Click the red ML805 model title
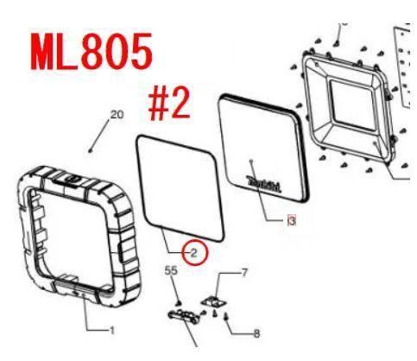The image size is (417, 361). [x=92, y=52]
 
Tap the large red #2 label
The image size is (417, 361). [x=169, y=104]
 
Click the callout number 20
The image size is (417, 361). [x=117, y=115]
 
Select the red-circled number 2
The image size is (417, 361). [x=194, y=253]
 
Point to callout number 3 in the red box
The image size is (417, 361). [x=292, y=221]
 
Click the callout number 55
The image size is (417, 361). [x=171, y=270]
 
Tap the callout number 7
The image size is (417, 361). [x=244, y=272]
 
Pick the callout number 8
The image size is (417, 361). [x=256, y=333]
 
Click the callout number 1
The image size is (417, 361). [x=112, y=331]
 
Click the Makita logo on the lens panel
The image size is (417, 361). [x=264, y=184]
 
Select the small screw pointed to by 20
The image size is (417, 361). [x=91, y=150]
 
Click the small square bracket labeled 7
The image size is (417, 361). [x=214, y=301]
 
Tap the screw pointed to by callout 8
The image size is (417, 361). [x=226, y=317]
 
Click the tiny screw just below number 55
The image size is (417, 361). [x=178, y=302]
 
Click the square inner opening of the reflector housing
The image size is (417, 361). [x=352, y=105]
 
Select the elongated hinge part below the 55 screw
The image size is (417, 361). [x=184, y=317]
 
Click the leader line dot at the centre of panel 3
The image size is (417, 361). [x=252, y=161]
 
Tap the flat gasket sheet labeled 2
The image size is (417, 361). [x=180, y=188]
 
